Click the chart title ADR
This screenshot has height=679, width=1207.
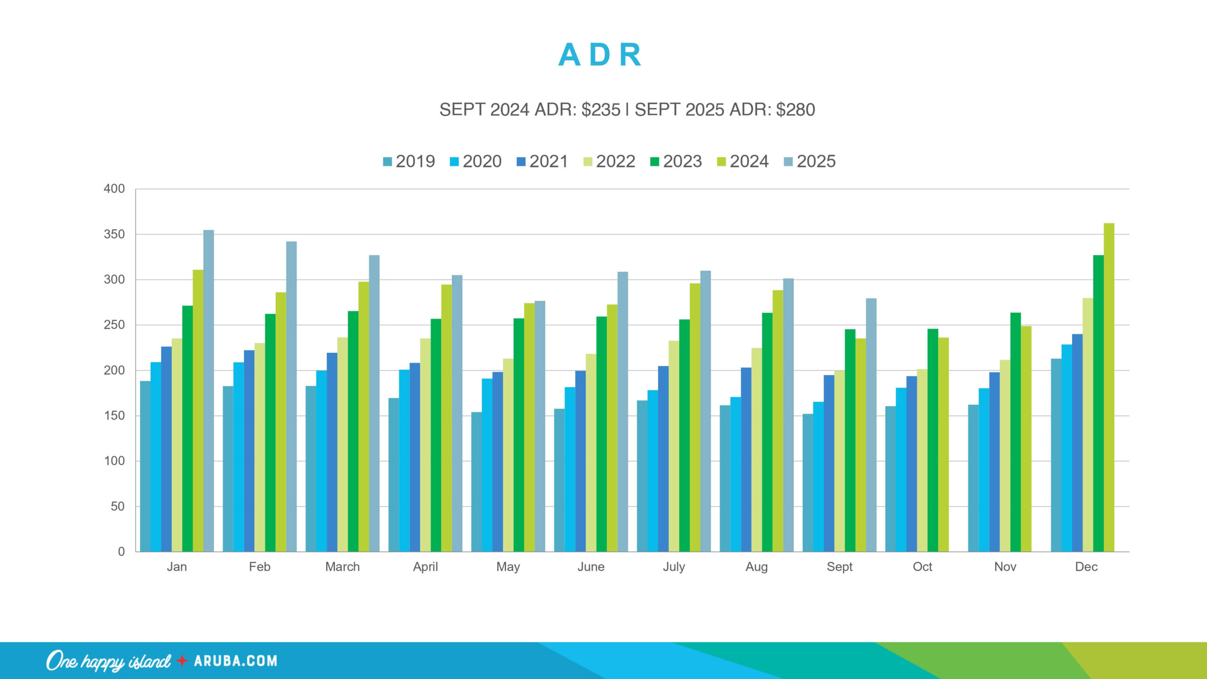pos(600,55)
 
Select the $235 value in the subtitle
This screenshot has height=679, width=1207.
pos(601,110)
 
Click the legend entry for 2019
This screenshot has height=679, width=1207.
pos(409,162)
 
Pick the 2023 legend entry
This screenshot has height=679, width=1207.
pos(676,162)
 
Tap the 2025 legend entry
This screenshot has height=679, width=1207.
pos(810,162)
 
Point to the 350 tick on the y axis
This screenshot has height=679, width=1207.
pos(115,234)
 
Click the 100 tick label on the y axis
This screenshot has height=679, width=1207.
pos(115,461)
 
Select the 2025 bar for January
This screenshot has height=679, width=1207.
pos(208,391)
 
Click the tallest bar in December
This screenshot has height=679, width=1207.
pos(1109,387)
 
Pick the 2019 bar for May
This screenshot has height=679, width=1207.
pos(477,481)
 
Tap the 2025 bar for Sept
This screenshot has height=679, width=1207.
pos(871,424)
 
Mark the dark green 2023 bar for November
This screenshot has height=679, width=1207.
pos(1015,431)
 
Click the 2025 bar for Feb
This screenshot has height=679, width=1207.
pos(291,396)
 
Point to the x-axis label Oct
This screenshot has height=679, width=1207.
pos(922,567)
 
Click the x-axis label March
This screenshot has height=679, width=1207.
pos(342,567)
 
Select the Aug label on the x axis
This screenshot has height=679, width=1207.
pos(756,567)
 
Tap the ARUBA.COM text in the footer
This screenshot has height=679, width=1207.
pos(235,661)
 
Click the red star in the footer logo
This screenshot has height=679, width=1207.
pos(182,661)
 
